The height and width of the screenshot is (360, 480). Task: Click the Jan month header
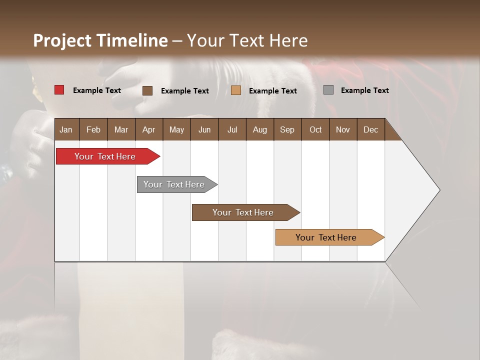(66, 129)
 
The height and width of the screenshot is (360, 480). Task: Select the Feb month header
(93, 129)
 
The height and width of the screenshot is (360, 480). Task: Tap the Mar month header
(121, 129)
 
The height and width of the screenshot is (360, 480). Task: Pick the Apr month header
(148, 129)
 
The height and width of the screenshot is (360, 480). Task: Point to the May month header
(176, 129)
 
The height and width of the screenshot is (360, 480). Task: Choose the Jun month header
(204, 129)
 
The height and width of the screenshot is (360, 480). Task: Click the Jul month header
(232, 129)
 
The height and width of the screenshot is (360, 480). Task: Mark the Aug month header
(260, 129)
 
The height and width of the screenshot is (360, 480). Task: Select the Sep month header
(287, 129)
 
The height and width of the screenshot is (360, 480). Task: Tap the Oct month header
(315, 129)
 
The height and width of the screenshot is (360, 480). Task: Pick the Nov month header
(343, 129)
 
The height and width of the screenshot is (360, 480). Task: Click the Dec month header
(371, 129)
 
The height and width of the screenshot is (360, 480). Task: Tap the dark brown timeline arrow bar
(244, 212)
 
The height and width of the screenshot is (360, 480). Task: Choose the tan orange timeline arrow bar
(327, 237)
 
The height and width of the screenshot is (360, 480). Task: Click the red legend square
(59, 90)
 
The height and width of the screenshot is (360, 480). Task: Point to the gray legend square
(328, 90)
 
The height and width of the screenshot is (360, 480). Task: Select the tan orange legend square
(236, 90)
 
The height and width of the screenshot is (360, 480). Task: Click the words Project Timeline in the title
(100, 40)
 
